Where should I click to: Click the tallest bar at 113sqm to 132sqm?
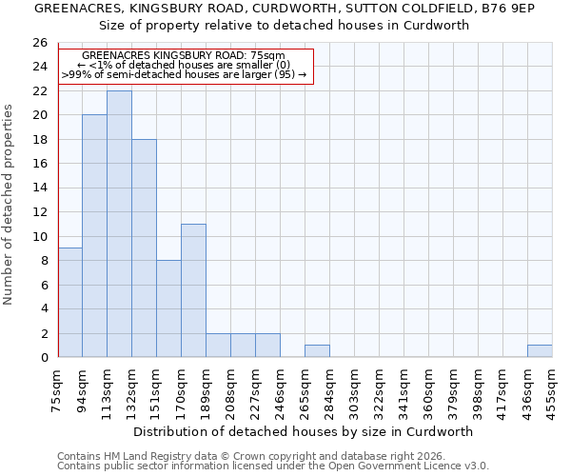(119, 224)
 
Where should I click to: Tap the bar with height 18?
(144, 248)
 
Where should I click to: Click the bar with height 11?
(193, 290)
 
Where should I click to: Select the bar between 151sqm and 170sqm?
(168, 308)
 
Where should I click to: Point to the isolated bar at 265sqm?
(317, 351)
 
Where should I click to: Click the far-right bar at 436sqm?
(540, 351)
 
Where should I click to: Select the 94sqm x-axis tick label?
(83, 389)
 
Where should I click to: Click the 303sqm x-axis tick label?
(355, 389)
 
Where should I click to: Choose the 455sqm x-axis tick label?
(553, 389)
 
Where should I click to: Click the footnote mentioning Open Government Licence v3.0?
(273, 466)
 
